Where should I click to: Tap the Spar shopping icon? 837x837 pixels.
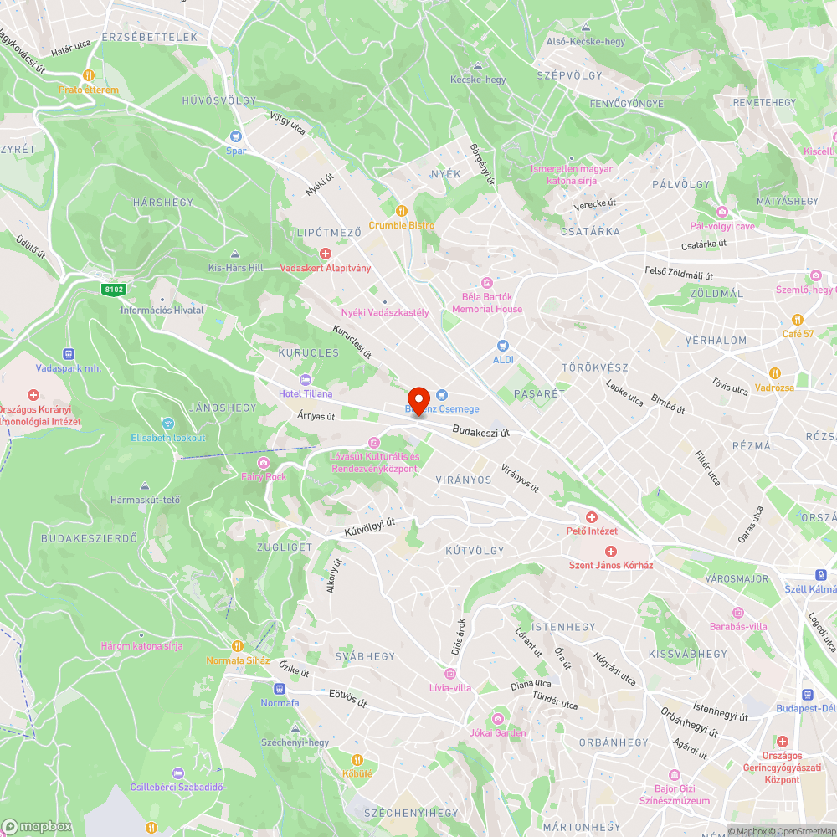click(237, 136)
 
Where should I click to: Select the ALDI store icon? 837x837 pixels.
click(503, 344)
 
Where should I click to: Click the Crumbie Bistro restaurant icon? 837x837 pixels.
click(402, 211)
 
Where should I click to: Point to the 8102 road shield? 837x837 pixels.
click(114, 290)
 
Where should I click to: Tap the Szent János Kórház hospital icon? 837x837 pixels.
click(611, 551)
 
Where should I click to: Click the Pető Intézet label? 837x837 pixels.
click(592, 531)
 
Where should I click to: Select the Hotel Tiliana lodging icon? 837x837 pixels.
click(306, 379)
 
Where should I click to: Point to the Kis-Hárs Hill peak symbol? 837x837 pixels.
click(234, 254)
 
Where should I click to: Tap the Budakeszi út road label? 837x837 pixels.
click(481, 432)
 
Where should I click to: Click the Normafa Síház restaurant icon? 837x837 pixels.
click(238, 645)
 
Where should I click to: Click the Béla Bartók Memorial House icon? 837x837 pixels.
click(487, 282)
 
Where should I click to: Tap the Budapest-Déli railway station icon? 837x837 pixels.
click(808, 694)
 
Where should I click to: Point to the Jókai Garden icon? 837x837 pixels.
click(498, 718)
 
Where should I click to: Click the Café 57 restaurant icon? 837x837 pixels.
click(798, 319)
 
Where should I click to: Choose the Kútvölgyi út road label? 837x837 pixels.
click(369, 526)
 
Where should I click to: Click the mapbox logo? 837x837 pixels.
click(38, 825)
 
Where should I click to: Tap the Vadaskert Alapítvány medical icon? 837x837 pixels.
click(326, 254)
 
